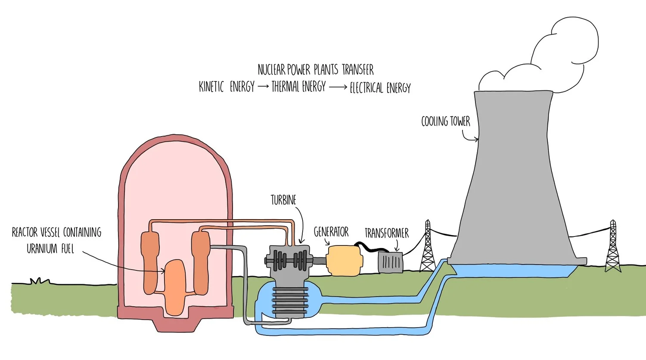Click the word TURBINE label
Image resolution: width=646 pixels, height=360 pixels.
pos(283,200)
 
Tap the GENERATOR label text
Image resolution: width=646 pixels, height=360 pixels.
pos(331,232)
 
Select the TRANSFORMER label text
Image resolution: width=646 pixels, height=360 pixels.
pos(386,233)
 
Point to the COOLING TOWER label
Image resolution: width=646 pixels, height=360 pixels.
pos(445,121)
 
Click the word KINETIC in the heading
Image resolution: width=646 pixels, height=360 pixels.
pos(211,87)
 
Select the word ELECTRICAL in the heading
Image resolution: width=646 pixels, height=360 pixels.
pos(366,88)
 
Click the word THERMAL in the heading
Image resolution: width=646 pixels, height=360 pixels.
pos(285,87)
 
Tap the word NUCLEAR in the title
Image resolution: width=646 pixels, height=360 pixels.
pos(271,69)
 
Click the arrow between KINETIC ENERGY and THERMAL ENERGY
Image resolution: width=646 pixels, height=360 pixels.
pos(263,87)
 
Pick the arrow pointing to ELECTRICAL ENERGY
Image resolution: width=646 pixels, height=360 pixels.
pos(338,87)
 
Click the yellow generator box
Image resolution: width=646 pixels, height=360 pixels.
pos(344,260)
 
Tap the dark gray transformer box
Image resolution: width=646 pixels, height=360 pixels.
pos(390,262)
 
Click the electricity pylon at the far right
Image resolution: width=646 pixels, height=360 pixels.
pos(613,247)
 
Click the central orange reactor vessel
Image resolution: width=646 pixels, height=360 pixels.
pos(175,288)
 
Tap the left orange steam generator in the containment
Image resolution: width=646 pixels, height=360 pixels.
pos(150,263)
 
